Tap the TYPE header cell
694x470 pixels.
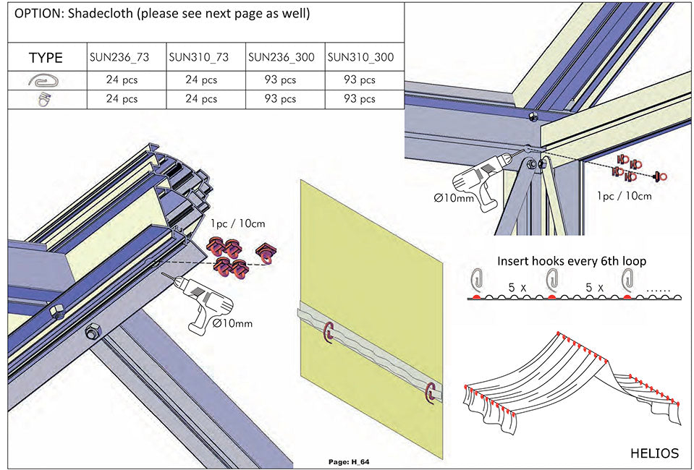point(46,58)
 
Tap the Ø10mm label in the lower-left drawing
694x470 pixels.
point(233,323)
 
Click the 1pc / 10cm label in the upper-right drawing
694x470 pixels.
point(624,196)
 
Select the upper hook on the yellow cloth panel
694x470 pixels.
point(330,331)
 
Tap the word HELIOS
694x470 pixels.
point(654,453)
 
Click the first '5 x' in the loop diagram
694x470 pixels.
point(517,287)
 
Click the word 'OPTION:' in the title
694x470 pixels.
point(35,14)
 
